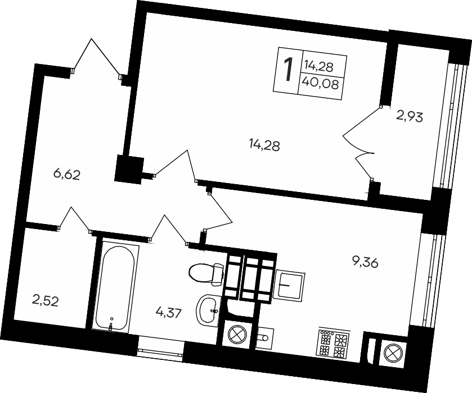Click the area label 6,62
click(x=67, y=175)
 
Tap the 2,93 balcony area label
click(x=410, y=117)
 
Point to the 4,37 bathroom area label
click(x=169, y=312)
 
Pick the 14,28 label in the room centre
click(x=264, y=146)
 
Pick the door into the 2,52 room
click(x=74, y=219)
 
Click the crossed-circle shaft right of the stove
click(x=392, y=353)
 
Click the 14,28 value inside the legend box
click(x=318, y=67)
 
